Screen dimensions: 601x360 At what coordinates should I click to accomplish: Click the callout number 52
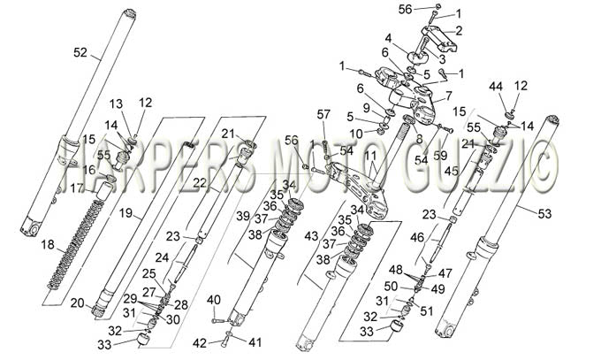pos(80,52)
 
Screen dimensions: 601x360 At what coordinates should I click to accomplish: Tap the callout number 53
pos(544,214)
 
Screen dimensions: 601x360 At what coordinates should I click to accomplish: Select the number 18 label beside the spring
pos(48,244)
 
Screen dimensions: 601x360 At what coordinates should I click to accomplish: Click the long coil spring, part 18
pos(75,245)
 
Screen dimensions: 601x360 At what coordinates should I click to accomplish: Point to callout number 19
pos(126,212)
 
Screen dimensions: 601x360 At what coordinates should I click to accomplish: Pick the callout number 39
pos(243,216)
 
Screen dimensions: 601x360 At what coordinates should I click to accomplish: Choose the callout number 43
pos(311,235)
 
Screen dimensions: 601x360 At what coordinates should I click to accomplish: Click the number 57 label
pos(323,114)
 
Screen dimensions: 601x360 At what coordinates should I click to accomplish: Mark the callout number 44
pos(496,87)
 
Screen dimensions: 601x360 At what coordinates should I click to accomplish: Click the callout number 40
pos(214,300)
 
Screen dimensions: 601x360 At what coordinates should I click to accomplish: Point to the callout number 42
pos(200,343)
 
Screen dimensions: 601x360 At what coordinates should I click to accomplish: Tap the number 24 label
pos(162,257)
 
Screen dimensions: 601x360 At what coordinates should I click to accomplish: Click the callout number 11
pos(370,156)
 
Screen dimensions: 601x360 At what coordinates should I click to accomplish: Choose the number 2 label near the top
pos(459,30)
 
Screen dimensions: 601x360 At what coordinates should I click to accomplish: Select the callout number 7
pos(449,96)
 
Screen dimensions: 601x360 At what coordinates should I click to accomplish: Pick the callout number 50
pos(392,287)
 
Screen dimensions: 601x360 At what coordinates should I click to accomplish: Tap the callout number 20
pos(78,303)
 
